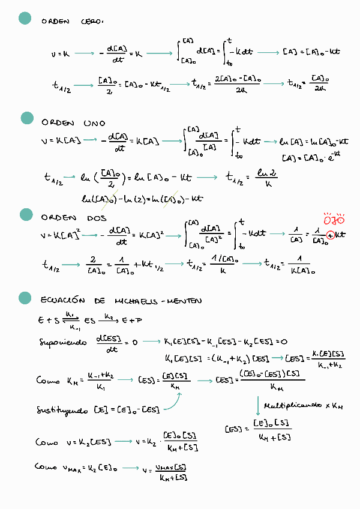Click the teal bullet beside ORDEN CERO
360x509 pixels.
(25, 19)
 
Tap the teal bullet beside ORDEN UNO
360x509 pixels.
(26, 118)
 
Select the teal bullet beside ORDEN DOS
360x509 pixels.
(25, 215)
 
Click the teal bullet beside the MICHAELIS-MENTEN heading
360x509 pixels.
(25, 297)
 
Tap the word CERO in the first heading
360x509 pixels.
(91, 22)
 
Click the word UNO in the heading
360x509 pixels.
(95, 122)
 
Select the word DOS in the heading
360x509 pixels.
(97, 218)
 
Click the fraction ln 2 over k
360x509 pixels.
(265, 178)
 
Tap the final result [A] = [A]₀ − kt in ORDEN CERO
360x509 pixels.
(311, 52)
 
